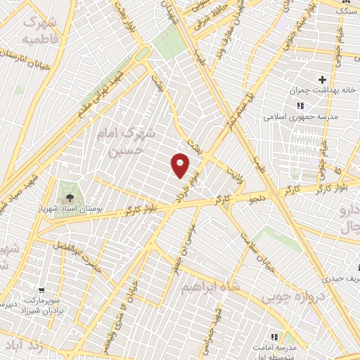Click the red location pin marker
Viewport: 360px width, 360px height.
(181, 165)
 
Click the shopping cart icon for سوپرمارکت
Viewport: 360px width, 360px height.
(41, 290)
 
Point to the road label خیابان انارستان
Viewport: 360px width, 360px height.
(28, 56)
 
